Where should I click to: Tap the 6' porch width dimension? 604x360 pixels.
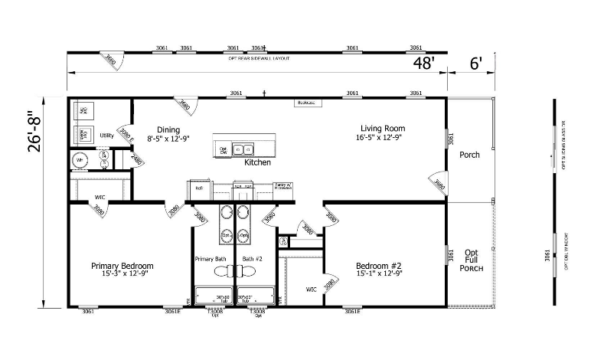click(476, 63)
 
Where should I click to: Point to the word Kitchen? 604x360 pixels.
click(256, 162)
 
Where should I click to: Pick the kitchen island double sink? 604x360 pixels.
click(244, 148)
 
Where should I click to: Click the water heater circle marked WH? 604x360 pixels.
click(80, 160)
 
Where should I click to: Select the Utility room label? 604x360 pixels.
click(106, 136)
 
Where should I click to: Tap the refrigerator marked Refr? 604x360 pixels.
click(198, 188)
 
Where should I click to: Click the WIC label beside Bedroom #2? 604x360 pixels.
click(311, 290)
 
